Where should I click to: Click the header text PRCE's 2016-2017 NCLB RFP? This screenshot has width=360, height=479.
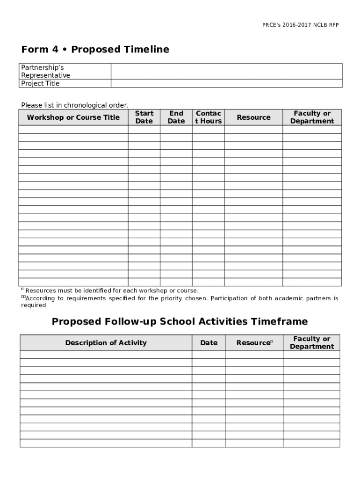300,25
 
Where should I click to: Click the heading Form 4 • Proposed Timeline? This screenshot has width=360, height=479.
95,50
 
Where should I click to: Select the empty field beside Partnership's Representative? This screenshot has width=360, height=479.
226,72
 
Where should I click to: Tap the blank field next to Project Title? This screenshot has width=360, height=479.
226,84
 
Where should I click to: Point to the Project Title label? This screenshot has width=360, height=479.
40,84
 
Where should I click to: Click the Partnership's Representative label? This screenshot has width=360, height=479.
45,71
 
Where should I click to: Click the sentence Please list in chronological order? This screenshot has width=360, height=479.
74,105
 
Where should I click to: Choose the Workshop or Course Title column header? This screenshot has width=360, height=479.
73,117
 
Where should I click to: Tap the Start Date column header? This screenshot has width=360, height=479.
144,117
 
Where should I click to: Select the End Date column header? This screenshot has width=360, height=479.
176,117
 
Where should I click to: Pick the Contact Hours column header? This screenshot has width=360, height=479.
208,117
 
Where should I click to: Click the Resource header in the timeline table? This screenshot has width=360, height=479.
253,117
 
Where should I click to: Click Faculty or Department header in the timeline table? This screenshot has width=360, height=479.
312,117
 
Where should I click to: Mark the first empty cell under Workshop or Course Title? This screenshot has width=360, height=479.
73,130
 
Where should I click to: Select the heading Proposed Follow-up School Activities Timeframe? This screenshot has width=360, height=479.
180,322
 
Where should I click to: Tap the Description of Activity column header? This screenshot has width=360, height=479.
106,343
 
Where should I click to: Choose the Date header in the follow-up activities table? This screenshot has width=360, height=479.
209,343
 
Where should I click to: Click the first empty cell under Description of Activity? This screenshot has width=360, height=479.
106,355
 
